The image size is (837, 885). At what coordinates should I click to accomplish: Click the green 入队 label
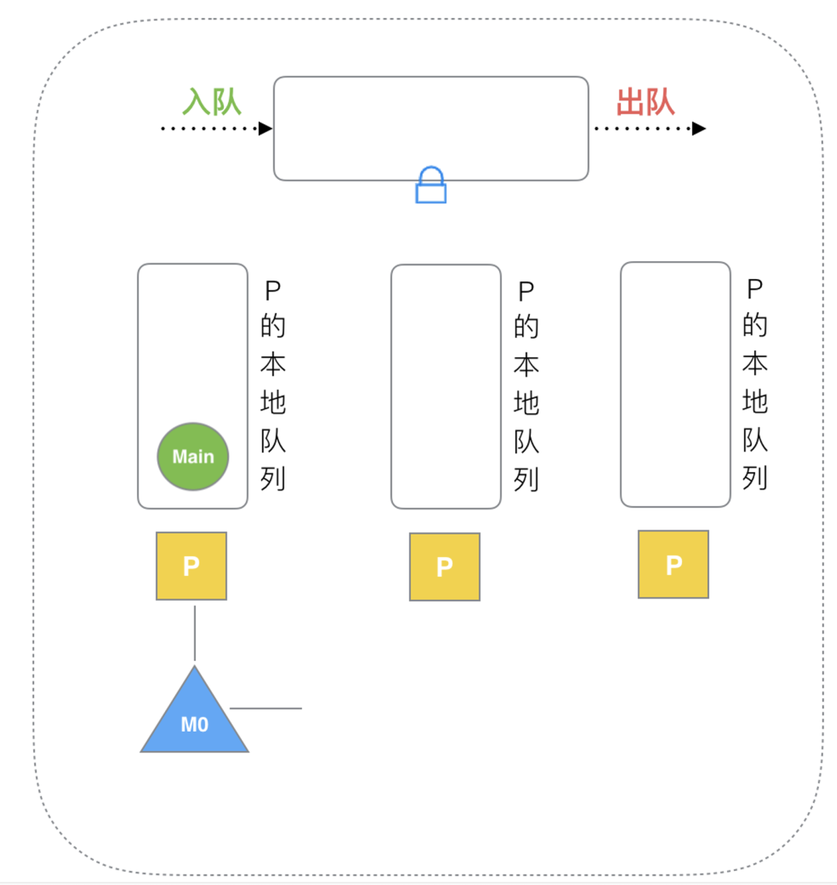pos(212,102)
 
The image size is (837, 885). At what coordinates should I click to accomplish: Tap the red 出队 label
pos(646,102)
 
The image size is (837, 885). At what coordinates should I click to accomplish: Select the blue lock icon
pos(431,186)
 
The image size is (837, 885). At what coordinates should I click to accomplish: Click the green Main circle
pos(193,456)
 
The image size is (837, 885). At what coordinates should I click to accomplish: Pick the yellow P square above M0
pos(191,566)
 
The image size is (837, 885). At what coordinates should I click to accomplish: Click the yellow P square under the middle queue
pos(445,566)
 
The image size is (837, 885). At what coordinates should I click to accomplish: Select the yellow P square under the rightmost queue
pos(673,564)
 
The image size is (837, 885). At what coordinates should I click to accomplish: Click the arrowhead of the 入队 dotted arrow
pos(265,129)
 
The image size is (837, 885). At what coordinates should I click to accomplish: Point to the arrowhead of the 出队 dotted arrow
pos(698,129)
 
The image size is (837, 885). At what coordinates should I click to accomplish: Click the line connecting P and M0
pos(195,632)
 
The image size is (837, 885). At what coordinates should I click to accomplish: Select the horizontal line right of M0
pos(266,708)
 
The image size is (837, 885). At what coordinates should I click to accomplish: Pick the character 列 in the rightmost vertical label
pos(755,478)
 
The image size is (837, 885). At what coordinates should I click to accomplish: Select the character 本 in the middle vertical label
pos(526,365)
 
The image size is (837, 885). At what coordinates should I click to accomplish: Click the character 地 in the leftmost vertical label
pos(273,403)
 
